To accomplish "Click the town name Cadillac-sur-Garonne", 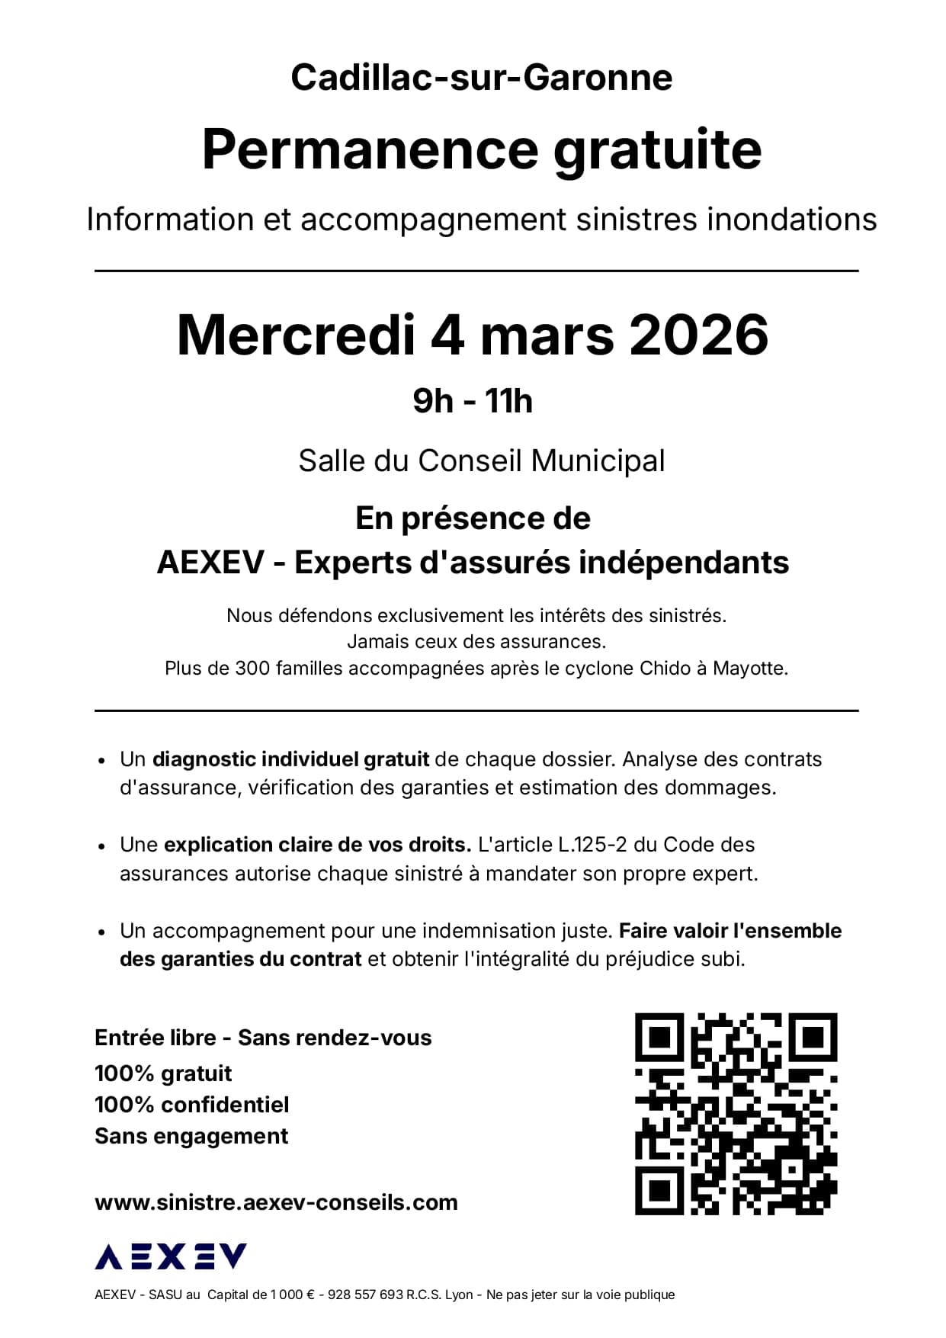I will [x=481, y=78].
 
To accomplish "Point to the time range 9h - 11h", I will [x=473, y=401].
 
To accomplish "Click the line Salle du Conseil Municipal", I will [x=481, y=461].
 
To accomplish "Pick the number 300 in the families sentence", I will [x=252, y=669].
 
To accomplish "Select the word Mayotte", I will [x=750, y=669].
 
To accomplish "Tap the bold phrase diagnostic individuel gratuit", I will [x=290, y=759].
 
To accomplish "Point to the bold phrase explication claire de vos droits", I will [x=317, y=845].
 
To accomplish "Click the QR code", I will [x=736, y=1114].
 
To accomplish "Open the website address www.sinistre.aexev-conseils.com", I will [x=276, y=1202].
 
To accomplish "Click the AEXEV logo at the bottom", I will [x=171, y=1256].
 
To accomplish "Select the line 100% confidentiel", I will [x=192, y=1105].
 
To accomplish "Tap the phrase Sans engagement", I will [x=191, y=1136].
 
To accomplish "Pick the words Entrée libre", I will [x=156, y=1038].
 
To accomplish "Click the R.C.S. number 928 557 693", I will [x=365, y=1295].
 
